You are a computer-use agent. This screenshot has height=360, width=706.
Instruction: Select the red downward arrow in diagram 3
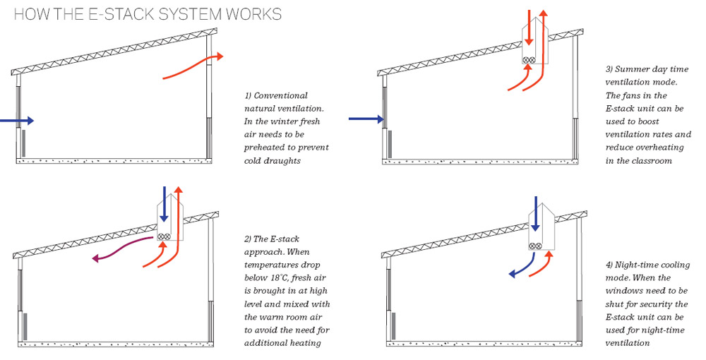[528, 28]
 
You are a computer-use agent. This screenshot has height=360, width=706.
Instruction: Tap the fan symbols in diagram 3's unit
[529, 61]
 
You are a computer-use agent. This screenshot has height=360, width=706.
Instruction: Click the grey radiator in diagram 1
[24, 143]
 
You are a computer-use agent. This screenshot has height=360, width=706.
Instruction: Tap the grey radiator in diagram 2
[25, 327]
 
